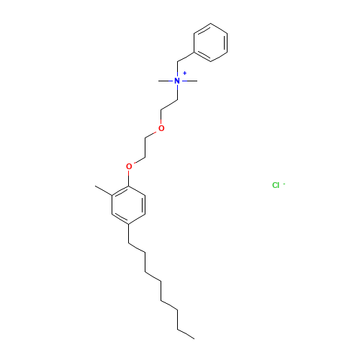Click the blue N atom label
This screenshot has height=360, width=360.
click(177, 81)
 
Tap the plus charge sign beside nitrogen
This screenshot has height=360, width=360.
click(184, 73)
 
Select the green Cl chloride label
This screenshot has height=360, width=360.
click(276, 185)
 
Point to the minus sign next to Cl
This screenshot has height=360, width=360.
click(284, 184)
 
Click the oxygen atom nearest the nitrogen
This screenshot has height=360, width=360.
click(161, 128)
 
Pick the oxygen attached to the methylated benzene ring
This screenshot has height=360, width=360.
click(129, 166)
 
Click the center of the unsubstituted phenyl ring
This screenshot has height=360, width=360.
click(210, 42)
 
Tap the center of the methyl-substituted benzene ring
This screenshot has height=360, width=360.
click(129, 205)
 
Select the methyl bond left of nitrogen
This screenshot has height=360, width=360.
click(166, 81)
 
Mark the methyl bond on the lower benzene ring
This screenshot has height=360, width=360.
click(104, 191)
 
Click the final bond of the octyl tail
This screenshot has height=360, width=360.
click(186, 334)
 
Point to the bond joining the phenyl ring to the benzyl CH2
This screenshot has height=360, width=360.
click(186, 57)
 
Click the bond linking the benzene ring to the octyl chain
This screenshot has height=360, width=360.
click(129, 234)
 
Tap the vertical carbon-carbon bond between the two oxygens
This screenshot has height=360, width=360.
click(145, 148)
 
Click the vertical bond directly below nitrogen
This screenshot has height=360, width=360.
click(177, 92)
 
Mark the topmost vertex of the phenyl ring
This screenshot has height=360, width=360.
click(210, 23)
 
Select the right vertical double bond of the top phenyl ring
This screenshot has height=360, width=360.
click(226, 42)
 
